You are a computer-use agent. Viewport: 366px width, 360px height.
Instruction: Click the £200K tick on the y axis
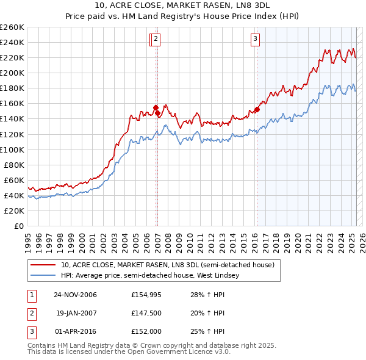point(12,73)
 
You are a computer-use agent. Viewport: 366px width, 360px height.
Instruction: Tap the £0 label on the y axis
point(19,226)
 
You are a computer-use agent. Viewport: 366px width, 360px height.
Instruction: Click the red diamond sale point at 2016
point(257,110)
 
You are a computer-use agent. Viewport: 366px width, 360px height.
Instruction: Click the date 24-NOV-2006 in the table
point(76,295)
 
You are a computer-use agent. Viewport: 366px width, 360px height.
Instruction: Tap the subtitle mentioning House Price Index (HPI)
point(183,16)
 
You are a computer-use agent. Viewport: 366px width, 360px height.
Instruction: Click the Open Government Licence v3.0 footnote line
point(129,352)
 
